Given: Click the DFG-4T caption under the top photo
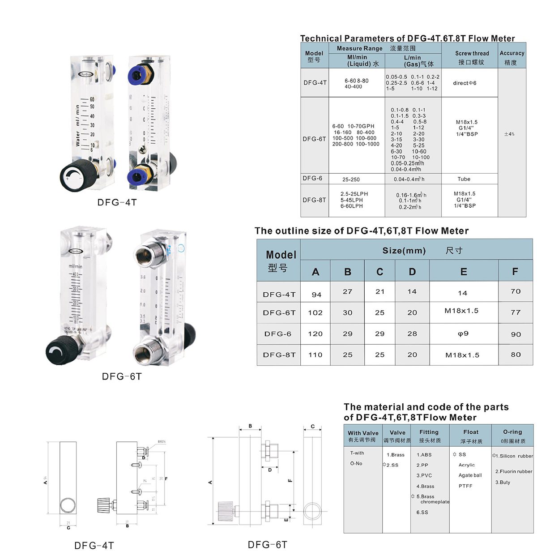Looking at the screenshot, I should point(117,202).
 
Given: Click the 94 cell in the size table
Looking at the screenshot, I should point(316,295).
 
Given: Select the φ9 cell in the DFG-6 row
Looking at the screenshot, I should point(463,333).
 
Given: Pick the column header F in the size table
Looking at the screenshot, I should point(515,271).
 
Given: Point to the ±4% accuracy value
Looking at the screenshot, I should point(509,134).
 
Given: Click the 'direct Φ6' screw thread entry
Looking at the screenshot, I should point(465,83).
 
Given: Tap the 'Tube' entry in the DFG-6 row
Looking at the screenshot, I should point(464,179).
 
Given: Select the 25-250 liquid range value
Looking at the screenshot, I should point(351,179).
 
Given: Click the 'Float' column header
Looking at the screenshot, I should point(470,432).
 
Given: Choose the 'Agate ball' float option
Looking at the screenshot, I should point(470,475).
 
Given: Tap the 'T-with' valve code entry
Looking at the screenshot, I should point(357,453).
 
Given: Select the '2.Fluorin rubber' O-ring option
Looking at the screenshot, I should point(513,471).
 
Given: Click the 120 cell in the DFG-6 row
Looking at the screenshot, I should point(315,333).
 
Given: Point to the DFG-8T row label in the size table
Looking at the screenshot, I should point(279,355).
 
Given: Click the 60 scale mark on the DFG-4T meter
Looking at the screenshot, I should point(92,99).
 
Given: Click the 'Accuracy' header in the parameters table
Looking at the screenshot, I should point(511,53).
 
